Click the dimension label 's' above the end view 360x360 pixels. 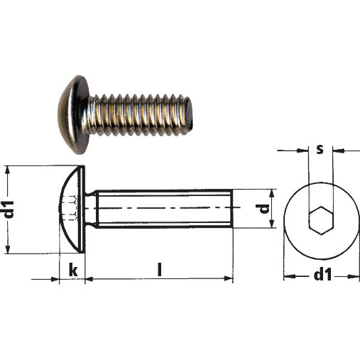[x=320, y=150]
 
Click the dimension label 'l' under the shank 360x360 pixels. [x=159, y=270]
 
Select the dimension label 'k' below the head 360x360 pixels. [x=72, y=270]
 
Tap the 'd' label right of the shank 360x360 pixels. [x=263, y=209]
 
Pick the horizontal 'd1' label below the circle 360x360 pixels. [x=322, y=275]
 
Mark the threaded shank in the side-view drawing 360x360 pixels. [x=163, y=209]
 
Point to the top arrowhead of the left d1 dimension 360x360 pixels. [x=8, y=170]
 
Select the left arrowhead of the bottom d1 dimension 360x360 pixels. [x=288, y=276]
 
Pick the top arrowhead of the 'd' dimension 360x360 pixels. [x=273, y=193]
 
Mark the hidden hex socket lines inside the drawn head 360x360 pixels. [x=70, y=209]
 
